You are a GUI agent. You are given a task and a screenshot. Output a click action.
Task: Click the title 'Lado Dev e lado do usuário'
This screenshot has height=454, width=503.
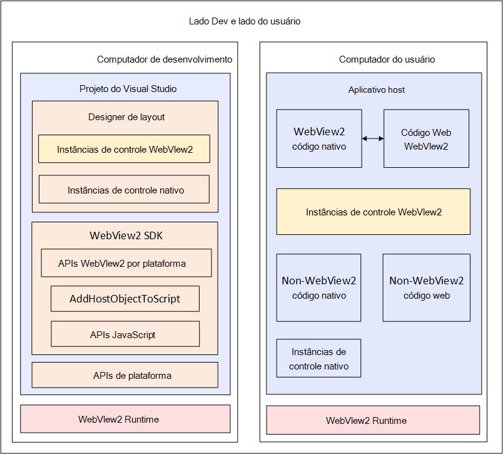(x=245, y=21)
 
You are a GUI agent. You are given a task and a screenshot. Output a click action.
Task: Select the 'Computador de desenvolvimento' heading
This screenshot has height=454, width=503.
(x=165, y=59)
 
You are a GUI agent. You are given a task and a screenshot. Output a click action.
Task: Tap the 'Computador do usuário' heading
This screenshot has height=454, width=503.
(x=387, y=59)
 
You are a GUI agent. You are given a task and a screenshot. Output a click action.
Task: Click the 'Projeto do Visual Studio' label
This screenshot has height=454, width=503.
(x=128, y=89)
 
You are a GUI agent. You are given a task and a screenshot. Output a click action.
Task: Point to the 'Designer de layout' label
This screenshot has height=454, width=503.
(x=126, y=117)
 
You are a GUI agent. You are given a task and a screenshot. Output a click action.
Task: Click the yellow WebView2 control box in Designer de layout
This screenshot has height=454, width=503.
(x=124, y=149)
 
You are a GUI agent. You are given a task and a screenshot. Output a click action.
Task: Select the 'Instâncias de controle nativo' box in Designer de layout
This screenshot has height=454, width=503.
(x=124, y=189)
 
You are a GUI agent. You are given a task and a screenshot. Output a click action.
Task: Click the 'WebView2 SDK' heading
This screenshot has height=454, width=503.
(x=126, y=235)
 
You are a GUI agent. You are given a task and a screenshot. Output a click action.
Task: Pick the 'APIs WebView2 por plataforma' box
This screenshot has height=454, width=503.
(x=126, y=263)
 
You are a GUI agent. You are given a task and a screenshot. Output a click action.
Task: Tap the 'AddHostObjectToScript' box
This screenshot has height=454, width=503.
(x=125, y=299)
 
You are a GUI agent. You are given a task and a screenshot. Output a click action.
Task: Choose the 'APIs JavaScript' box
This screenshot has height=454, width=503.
(x=125, y=334)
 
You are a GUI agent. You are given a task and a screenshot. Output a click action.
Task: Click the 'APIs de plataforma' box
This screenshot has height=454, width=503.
(x=124, y=375)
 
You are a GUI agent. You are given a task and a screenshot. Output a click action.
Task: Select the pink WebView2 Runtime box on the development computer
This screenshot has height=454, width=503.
(x=125, y=419)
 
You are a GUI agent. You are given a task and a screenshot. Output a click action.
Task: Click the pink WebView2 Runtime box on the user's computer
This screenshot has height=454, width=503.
(x=373, y=420)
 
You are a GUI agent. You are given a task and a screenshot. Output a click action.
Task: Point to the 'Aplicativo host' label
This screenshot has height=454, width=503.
(x=376, y=90)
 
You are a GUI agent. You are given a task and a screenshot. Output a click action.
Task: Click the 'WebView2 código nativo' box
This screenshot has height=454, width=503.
(x=319, y=138)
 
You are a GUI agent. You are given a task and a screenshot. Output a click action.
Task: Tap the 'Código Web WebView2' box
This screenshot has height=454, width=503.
(x=426, y=138)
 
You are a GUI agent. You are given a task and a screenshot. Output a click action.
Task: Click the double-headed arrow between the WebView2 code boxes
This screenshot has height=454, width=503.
(x=373, y=138)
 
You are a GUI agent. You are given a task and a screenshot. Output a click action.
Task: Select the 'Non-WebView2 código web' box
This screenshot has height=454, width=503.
(x=426, y=287)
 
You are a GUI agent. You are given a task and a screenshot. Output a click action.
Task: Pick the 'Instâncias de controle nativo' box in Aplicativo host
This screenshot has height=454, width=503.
(x=318, y=358)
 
